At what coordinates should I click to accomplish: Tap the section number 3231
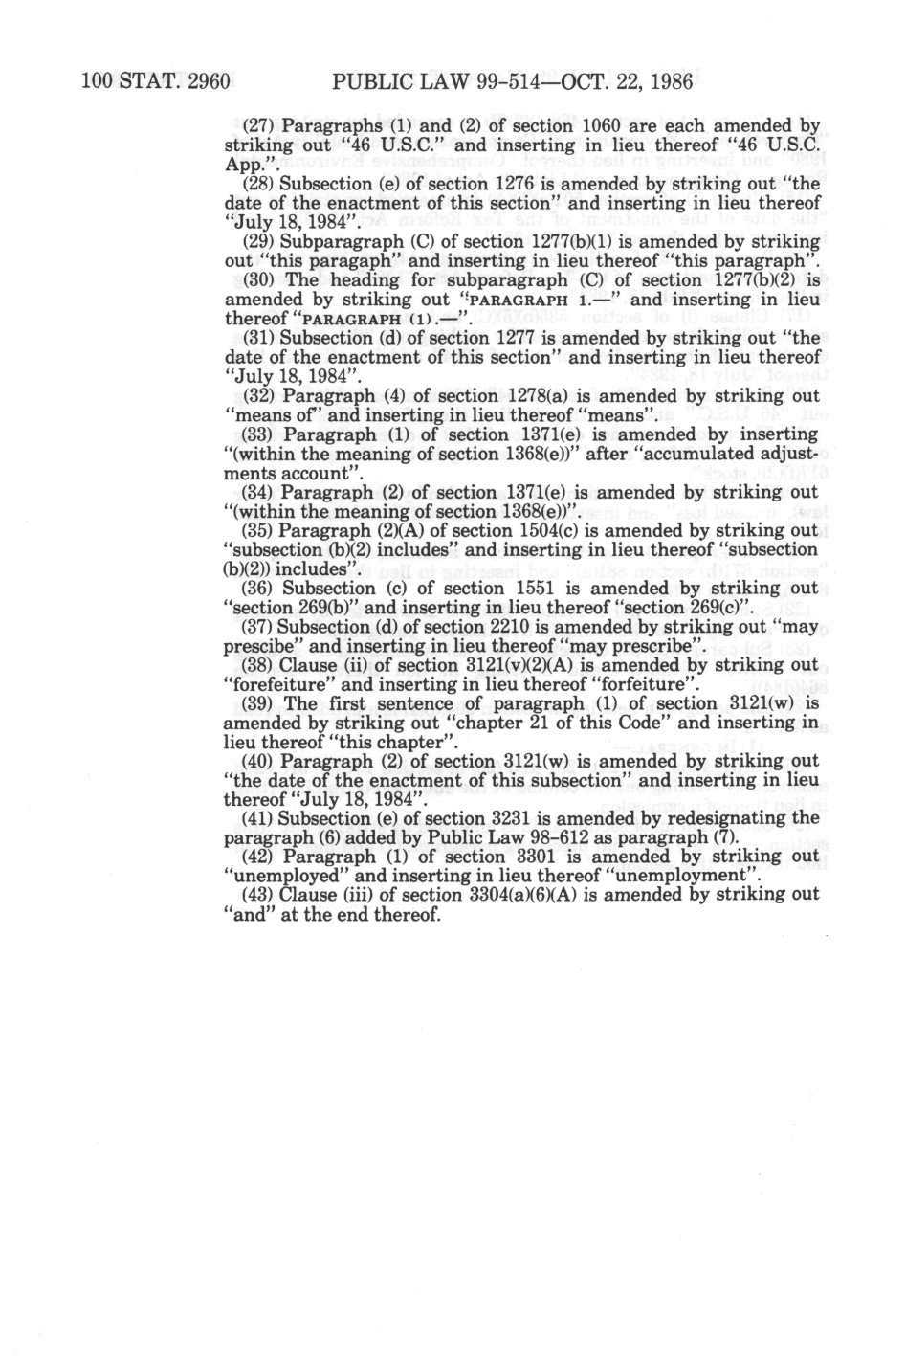(534, 820)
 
